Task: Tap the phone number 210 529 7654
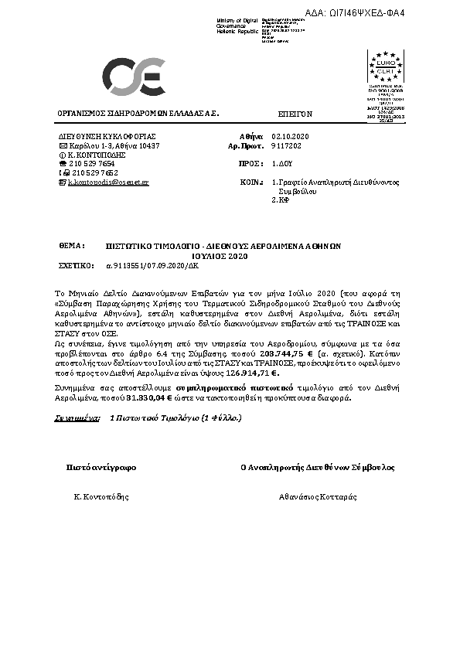click(x=92, y=164)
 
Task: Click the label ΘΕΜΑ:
click(x=71, y=244)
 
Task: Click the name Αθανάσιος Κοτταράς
click(x=318, y=496)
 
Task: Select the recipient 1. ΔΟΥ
click(x=281, y=164)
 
